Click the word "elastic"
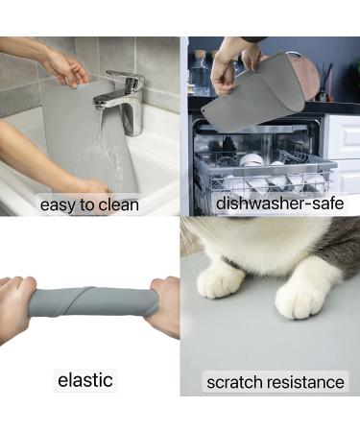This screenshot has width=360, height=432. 84,380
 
